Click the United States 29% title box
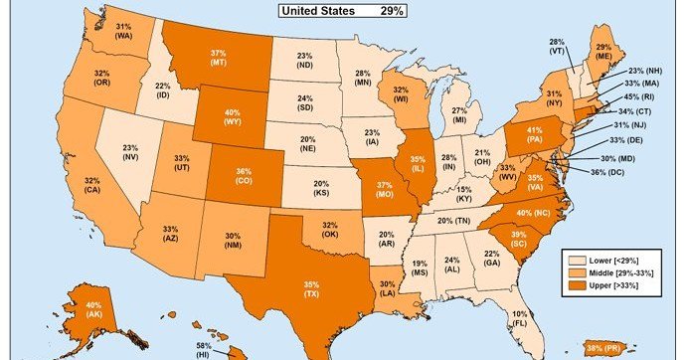(343, 11)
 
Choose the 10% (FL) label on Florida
(519, 319)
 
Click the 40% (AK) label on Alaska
(91, 310)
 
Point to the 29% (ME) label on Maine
(602, 51)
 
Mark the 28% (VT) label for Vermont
(558, 46)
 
